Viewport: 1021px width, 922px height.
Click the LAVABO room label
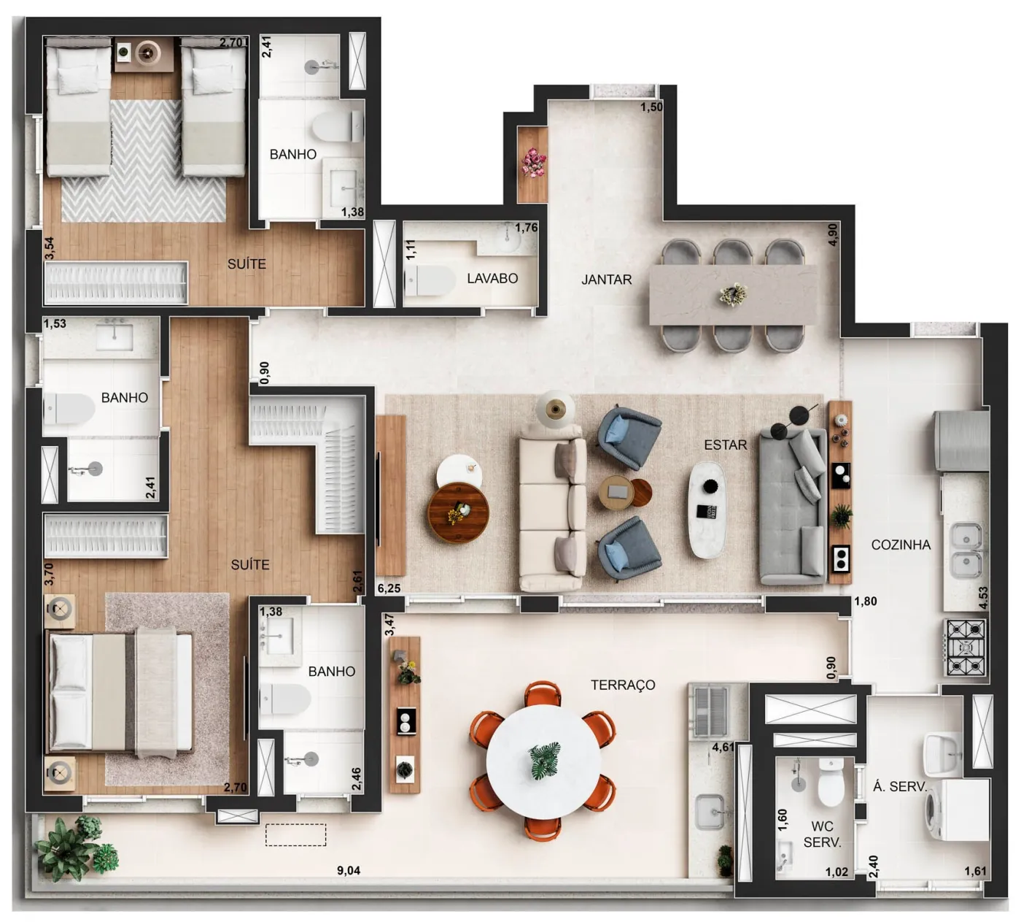point(492,278)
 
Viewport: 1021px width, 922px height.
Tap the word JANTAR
point(606,280)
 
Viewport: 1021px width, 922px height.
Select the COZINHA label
point(901,545)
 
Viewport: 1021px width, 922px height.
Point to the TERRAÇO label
point(623,685)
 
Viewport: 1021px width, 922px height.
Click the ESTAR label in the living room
point(726,445)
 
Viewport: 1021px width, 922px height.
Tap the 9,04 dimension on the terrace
point(348,870)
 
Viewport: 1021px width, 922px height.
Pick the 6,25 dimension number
point(389,588)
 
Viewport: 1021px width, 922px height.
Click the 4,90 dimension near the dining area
point(833,234)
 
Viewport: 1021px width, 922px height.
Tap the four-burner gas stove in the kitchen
point(965,648)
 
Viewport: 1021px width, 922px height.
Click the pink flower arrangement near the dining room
point(533,162)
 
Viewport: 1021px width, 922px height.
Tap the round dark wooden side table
point(459,512)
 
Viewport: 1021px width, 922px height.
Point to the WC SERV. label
point(822,834)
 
